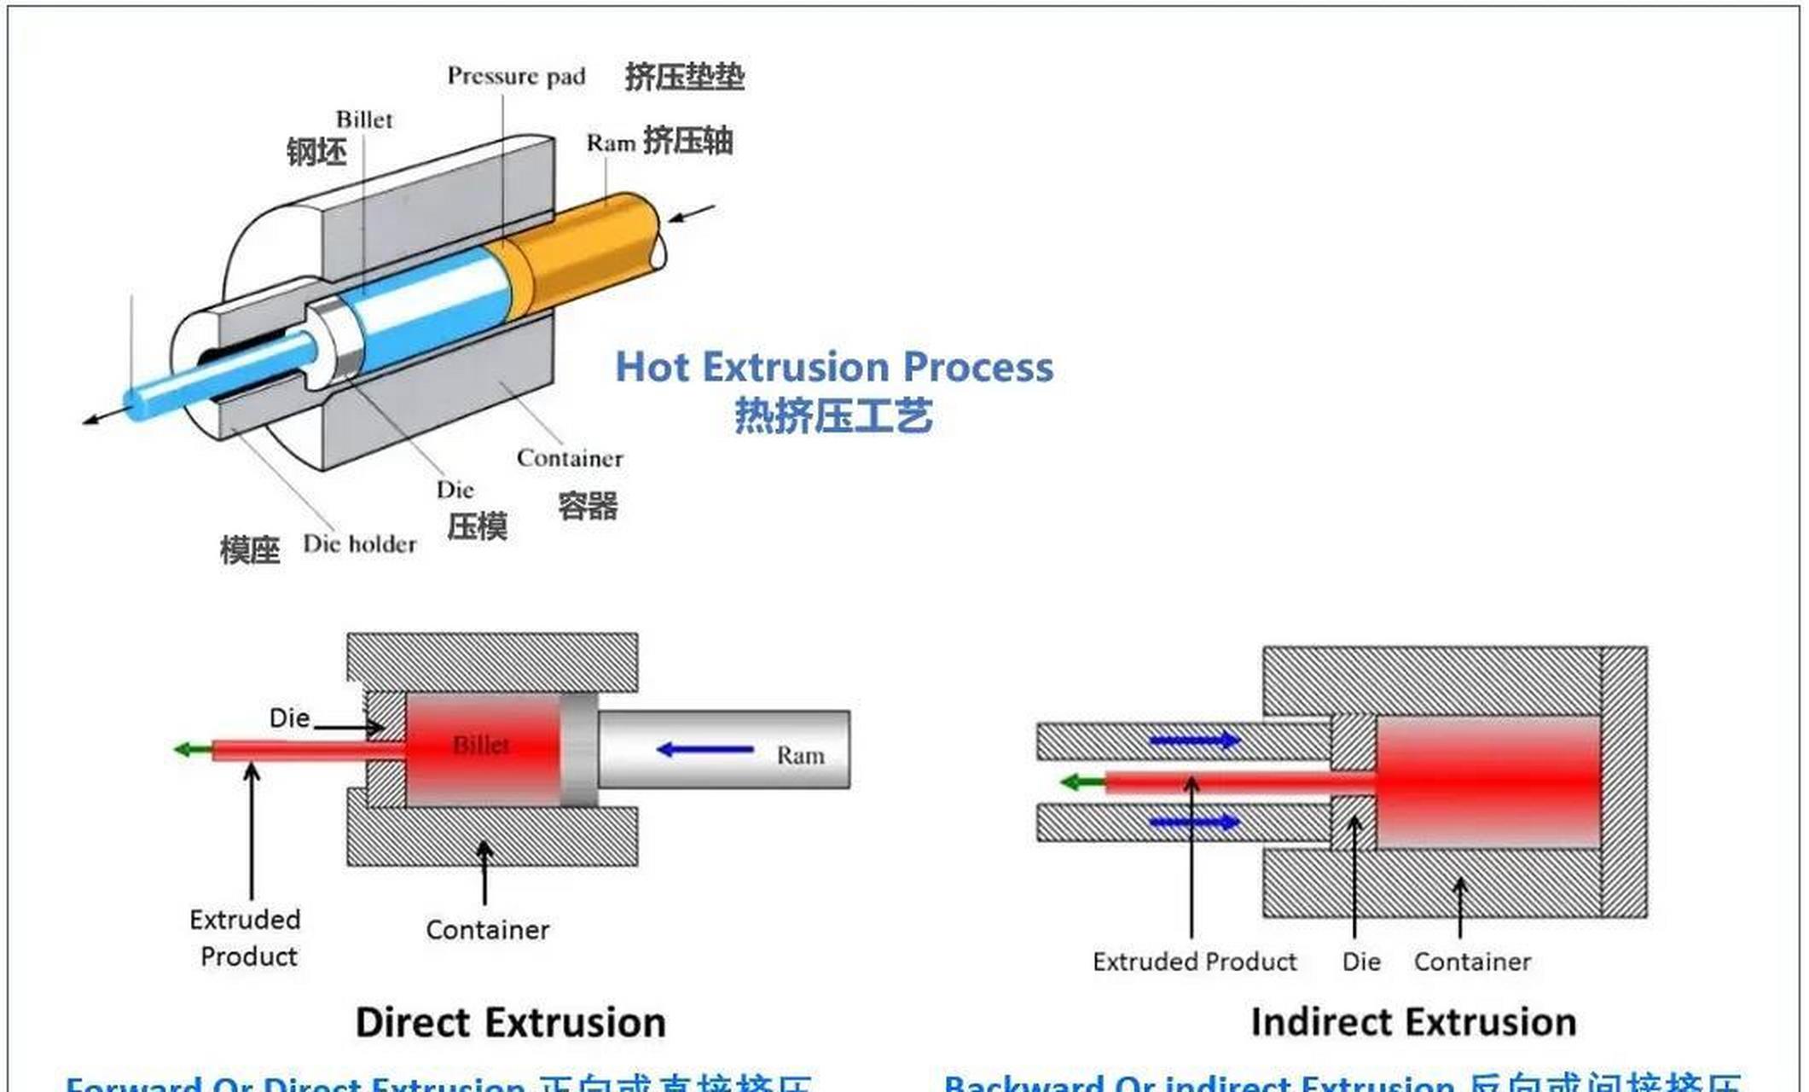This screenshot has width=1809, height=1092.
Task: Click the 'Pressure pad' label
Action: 516,76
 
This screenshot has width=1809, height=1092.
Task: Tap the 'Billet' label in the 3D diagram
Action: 364,119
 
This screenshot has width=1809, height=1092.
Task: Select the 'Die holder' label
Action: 359,544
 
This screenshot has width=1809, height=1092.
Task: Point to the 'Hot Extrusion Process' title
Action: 834,367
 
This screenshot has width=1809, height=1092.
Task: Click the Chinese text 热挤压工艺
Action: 833,416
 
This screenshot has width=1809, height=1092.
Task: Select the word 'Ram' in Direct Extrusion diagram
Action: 800,756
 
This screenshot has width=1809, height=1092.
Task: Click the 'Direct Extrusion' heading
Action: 510,1022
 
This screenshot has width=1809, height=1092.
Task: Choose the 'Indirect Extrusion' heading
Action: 1413,1022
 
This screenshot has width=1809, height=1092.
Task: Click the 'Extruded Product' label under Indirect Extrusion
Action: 1194,962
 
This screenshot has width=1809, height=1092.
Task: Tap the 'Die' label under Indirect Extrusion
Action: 1361,962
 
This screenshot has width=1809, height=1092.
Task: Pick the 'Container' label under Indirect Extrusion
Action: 1472,962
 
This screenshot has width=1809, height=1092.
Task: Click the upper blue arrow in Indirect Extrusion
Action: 1195,741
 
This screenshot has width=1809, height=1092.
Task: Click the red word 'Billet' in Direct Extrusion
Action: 481,746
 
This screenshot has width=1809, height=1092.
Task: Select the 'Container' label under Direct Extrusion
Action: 488,930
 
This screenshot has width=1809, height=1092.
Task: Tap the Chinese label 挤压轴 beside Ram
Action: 687,141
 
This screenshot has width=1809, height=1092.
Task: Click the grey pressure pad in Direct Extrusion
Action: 578,750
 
